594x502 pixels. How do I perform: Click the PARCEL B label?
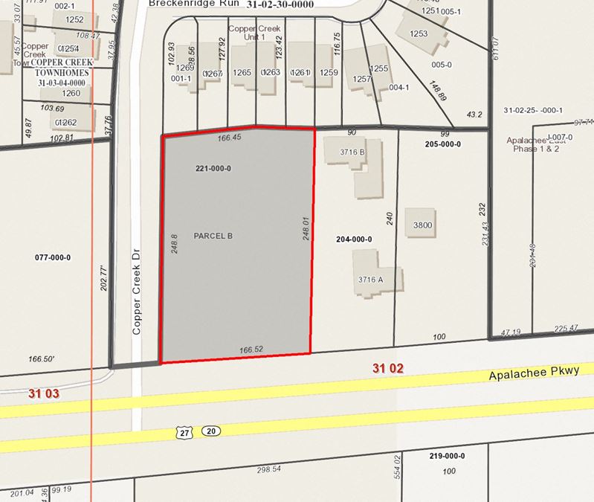tap(213, 236)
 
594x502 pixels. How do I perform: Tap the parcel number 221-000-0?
tap(213, 169)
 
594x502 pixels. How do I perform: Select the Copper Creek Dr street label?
tap(137, 292)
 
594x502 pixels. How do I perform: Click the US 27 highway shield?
tap(184, 432)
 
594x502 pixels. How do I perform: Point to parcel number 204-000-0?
tap(354, 239)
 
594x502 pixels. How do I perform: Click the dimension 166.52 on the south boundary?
tap(251, 349)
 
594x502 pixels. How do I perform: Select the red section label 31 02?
tap(387, 367)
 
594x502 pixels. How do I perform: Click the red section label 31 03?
tap(43, 393)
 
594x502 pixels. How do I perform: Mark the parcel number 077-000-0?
tap(53, 257)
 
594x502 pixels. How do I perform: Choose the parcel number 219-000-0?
tap(448, 456)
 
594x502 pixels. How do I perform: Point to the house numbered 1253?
tap(419, 33)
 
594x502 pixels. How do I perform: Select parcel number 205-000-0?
tap(443, 144)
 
